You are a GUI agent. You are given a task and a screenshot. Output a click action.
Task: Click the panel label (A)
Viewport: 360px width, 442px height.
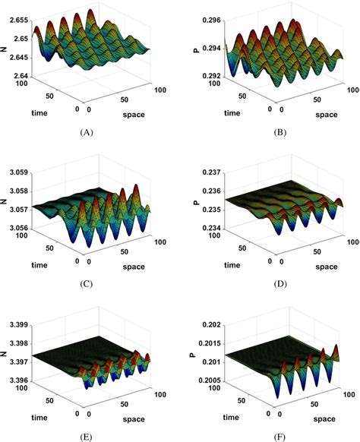tap(86, 131)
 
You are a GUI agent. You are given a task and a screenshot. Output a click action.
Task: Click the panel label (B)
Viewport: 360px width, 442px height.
tap(267, 131)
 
